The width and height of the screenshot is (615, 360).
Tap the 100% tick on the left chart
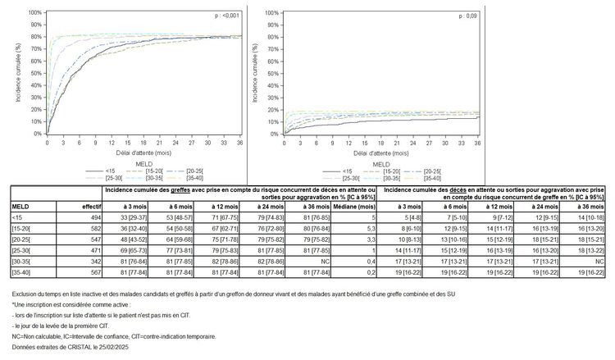pyautogui.click(x=35, y=12)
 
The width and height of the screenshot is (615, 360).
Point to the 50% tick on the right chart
pyautogui.click(x=272, y=73)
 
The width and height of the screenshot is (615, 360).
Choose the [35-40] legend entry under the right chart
pyautogui.click(x=442, y=178)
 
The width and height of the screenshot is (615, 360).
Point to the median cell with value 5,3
pyautogui.click(x=348, y=229)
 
